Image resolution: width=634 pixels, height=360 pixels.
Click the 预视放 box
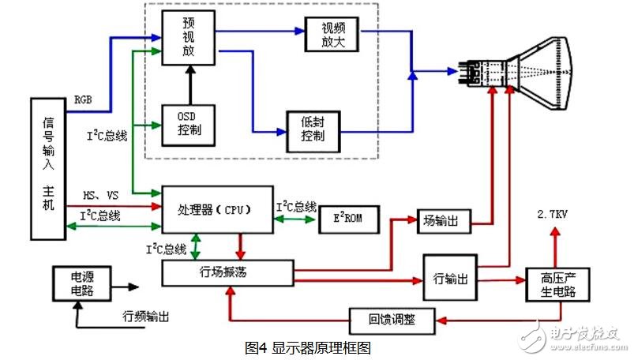coord(189,37)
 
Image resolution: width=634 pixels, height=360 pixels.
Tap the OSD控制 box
coord(189,123)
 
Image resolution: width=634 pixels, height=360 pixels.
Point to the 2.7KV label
coord(553,214)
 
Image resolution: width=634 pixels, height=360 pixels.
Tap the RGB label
coord(83,100)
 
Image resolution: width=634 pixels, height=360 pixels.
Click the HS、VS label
coord(101,195)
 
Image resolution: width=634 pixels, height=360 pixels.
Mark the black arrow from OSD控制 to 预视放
coord(189,84)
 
